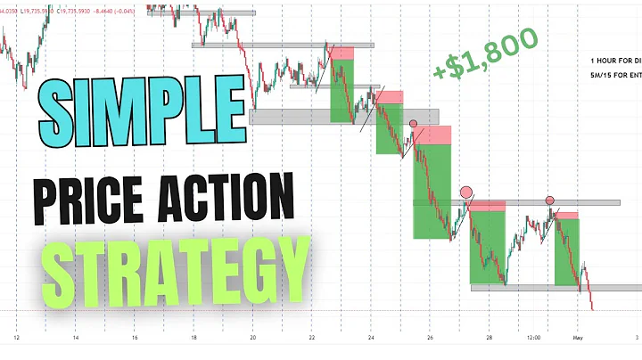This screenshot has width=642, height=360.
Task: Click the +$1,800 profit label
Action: (x=486, y=58)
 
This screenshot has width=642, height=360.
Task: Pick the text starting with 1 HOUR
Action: (x=616, y=59)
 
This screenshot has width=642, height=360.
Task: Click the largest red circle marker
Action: (x=465, y=192)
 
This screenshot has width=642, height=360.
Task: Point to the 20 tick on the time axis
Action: (x=253, y=339)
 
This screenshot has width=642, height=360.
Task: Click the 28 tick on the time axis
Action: (x=489, y=339)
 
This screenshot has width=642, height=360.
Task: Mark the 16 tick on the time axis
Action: (x=135, y=339)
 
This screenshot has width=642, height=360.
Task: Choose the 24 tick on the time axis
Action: (x=371, y=339)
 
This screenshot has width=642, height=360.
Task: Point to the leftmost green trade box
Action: (x=342, y=91)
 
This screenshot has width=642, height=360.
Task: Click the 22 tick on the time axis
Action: (x=312, y=339)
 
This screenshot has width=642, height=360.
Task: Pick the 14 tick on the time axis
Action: (x=76, y=339)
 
